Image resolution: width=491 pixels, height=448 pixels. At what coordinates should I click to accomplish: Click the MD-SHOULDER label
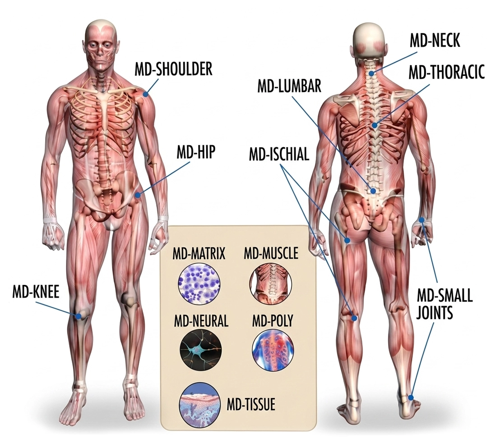pos(173,69)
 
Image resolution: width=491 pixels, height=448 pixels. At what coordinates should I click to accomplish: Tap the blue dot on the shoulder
pos(145,93)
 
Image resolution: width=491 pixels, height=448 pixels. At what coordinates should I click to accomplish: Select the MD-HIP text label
pos(196,152)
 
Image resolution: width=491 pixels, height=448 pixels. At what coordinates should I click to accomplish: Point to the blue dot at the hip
pos(137,195)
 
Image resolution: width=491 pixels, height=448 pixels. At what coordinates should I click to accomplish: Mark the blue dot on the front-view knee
pos(78,316)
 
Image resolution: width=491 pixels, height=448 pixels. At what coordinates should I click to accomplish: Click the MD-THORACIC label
pos(447,72)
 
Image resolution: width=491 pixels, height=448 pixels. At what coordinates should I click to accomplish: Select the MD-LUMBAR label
pos(289,86)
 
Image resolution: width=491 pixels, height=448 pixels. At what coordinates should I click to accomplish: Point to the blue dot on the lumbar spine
pos(373,191)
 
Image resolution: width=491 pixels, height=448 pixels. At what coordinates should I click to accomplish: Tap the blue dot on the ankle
pos(411,397)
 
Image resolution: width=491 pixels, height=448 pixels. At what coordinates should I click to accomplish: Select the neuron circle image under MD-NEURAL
pos(201,350)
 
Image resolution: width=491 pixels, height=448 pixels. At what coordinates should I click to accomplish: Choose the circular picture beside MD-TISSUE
pos(199,405)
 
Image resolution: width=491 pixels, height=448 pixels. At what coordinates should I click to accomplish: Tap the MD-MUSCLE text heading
pos(271,253)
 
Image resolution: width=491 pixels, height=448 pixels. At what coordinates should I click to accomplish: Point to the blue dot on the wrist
pos(422,220)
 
